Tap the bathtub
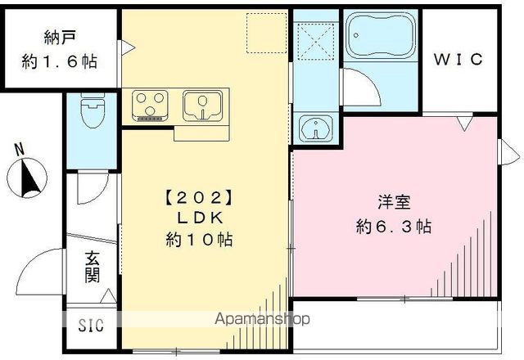tap(381, 35)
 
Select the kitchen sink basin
tap(202, 106)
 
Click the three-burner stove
tap(150, 106)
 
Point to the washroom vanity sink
tap(316, 128)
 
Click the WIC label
tap(458, 60)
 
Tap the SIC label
tap(91, 326)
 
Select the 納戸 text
tap(60, 38)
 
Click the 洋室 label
tap(394, 202)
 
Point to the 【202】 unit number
tap(199, 198)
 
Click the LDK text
tap(200, 218)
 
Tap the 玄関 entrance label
tap(93, 267)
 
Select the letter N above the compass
tap(20, 149)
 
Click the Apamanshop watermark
tap(262, 319)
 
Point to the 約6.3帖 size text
tap(394, 227)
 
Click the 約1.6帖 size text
tap(60, 62)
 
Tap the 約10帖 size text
tap(199, 239)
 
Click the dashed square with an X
tap(316, 41)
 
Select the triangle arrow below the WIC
tap(464, 124)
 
